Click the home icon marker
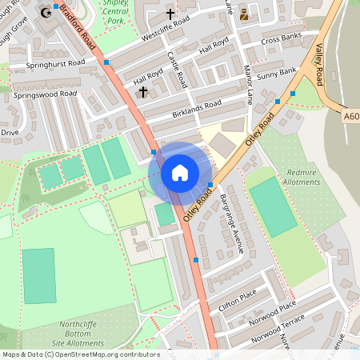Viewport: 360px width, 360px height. (180, 172)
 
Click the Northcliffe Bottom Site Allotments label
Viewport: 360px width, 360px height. (82, 334)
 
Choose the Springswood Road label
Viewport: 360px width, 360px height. (45, 94)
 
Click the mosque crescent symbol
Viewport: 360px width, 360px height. (46, 12)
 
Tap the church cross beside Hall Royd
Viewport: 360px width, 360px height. (142, 93)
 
